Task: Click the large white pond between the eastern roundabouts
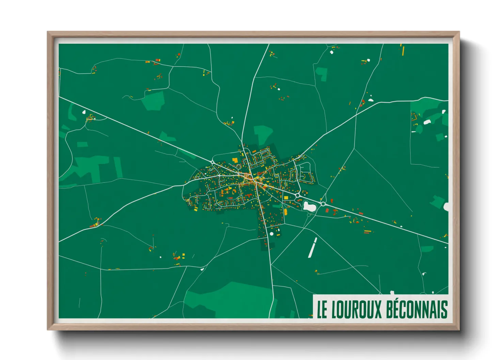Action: (x=309, y=206)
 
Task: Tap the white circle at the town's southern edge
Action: (x=272, y=234)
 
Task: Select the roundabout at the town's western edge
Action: (x=212, y=162)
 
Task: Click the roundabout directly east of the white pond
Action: (x=323, y=204)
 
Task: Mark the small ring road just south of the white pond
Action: (x=309, y=215)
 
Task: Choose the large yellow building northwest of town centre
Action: (x=235, y=160)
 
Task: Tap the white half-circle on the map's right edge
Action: (x=446, y=207)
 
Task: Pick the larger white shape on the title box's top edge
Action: (x=392, y=292)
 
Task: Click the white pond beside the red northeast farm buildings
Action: (x=371, y=100)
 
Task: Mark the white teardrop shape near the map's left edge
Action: (x=83, y=111)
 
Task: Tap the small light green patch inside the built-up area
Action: (x=277, y=206)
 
